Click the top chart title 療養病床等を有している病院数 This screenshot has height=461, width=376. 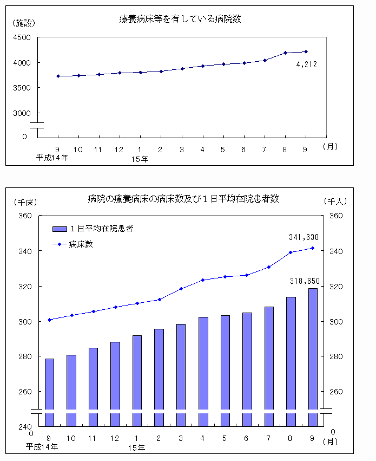[x=180, y=19]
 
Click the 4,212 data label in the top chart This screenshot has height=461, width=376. [x=306, y=64]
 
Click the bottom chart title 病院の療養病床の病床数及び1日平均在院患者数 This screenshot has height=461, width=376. [x=183, y=199]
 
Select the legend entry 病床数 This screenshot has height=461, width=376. [x=81, y=244]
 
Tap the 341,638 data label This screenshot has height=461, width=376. [x=305, y=237]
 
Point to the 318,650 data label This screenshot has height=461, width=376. [x=305, y=281]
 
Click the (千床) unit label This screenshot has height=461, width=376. [x=24, y=202]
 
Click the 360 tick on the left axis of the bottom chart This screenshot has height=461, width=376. [x=25, y=216]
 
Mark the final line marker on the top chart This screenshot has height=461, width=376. [x=306, y=51]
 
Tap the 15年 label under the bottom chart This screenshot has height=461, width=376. [x=137, y=447]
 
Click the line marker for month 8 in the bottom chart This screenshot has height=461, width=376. [x=291, y=252]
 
